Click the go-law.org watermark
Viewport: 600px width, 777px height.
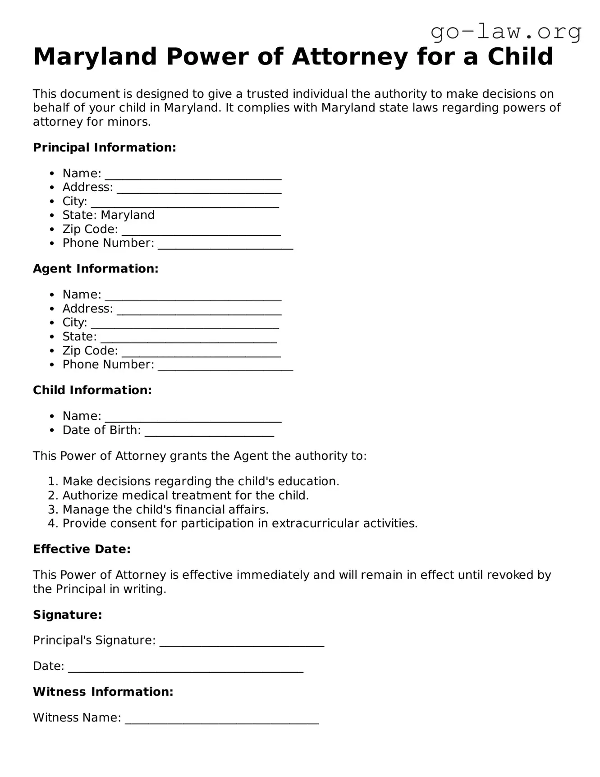click(x=506, y=32)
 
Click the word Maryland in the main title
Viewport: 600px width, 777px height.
click(x=95, y=57)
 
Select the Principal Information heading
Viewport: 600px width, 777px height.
click(x=104, y=147)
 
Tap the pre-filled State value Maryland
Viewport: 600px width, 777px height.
click(x=128, y=215)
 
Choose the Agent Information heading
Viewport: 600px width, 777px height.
click(x=96, y=269)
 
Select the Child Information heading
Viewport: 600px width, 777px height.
click(x=92, y=390)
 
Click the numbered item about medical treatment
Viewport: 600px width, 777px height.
click(x=185, y=495)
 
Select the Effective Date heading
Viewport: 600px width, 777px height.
click(x=82, y=549)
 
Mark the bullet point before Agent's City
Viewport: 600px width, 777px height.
click(x=53, y=323)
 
